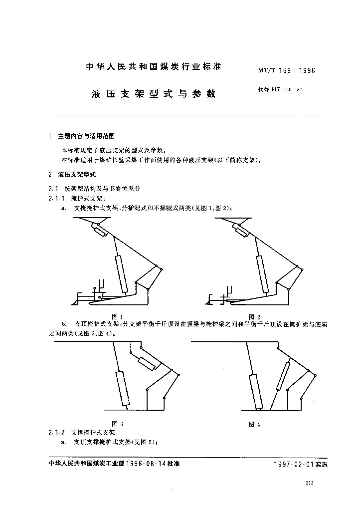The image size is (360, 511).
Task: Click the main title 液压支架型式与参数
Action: tap(154, 93)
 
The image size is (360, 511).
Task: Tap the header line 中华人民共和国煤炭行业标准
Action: tap(154, 66)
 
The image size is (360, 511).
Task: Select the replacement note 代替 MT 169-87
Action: tap(280, 90)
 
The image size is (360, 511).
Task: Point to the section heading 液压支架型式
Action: tap(76, 175)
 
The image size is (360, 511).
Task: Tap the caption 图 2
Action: tap(255, 316)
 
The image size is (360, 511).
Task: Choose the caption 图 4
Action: tap(255, 424)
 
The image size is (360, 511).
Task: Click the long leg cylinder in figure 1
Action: tap(122, 274)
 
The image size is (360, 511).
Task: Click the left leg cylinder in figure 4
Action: tap(256, 392)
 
